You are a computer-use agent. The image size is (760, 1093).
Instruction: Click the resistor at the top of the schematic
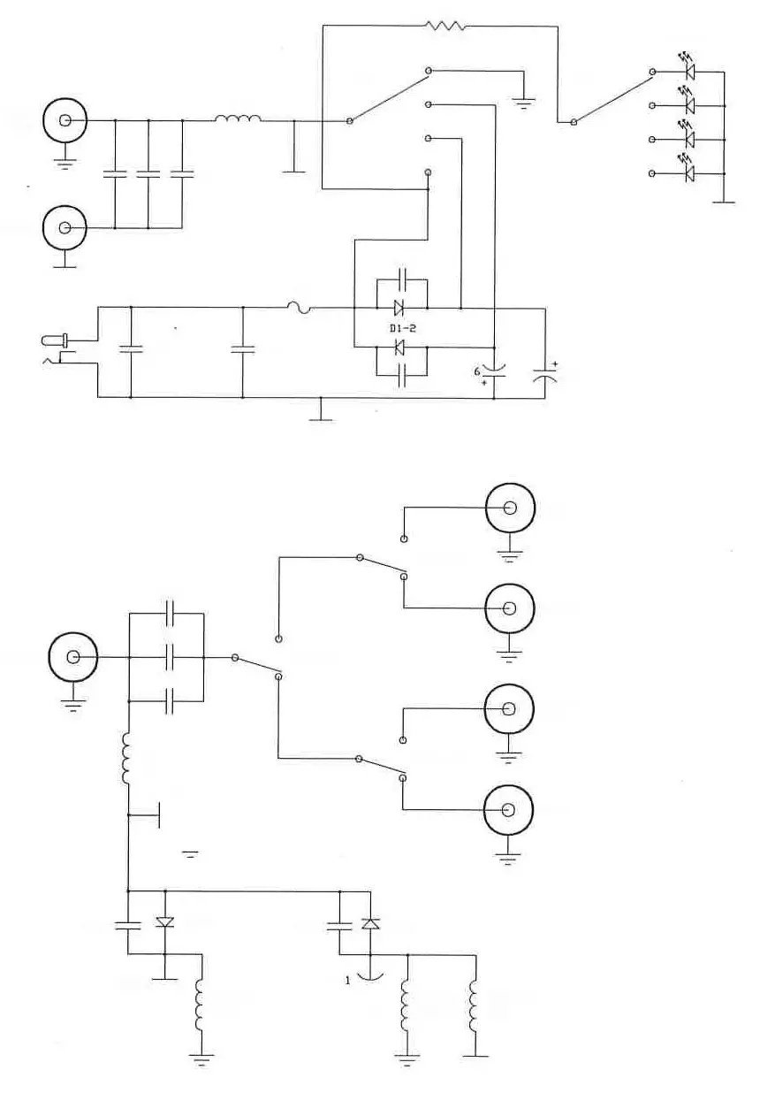(x=445, y=26)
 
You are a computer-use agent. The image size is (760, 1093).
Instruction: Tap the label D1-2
(x=402, y=328)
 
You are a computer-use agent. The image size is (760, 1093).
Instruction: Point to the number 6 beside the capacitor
(x=478, y=372)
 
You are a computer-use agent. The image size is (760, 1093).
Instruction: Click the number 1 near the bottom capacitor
(x=348, y=980)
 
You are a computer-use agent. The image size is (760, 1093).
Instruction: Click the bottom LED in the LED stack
(x=689, y=173)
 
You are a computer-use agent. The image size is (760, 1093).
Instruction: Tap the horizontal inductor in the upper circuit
(x=238, y=120)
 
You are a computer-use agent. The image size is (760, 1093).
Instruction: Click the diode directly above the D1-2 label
(x=399, y=308)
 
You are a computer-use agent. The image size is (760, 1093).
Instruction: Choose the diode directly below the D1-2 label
(x=399, y=348)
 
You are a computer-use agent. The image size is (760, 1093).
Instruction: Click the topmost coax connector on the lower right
(x=510, y=508)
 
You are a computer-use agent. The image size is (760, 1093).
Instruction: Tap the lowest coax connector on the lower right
(x=510, y=810)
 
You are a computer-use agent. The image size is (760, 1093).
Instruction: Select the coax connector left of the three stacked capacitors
(x=73, y=658)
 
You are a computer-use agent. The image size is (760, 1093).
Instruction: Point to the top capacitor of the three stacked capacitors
(x=171, y=612)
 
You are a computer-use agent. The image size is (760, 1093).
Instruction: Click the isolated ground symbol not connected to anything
(x=190, y=853)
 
